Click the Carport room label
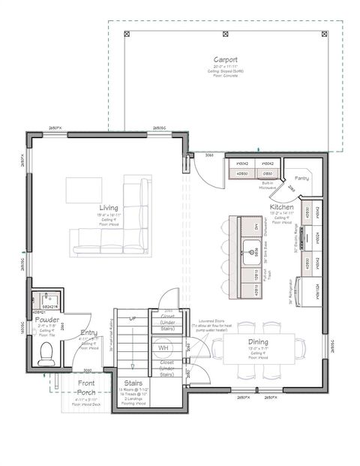point(226,59)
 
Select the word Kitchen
point(282,206)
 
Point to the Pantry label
point(301,179)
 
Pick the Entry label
point(88,332)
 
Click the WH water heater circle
point(163,348)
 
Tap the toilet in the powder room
point(46,351)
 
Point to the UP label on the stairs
point(133,317)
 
